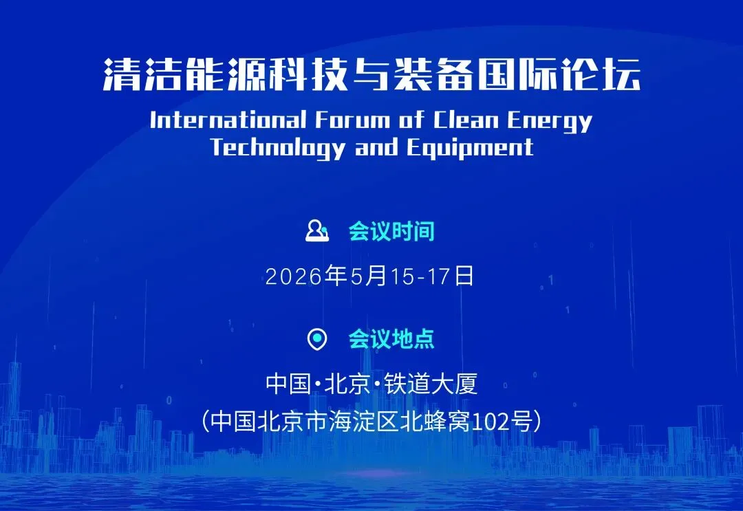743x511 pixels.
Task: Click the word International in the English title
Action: point(228,120)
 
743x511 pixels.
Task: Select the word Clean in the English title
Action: point(466,120)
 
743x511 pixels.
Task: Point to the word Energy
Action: point(550,121)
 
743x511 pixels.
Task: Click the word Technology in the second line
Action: point(278,148)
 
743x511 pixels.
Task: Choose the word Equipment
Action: point(470,148)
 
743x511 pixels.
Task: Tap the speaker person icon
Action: point(317,230)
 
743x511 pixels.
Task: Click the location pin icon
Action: point(317,339)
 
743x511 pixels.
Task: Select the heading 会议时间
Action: point(391,231)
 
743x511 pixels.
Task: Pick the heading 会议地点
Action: point(391,339)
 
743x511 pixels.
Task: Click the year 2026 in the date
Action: point(294,276)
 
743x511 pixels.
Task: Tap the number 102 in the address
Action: point(490,422)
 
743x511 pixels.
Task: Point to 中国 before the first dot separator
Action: point(288,384)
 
